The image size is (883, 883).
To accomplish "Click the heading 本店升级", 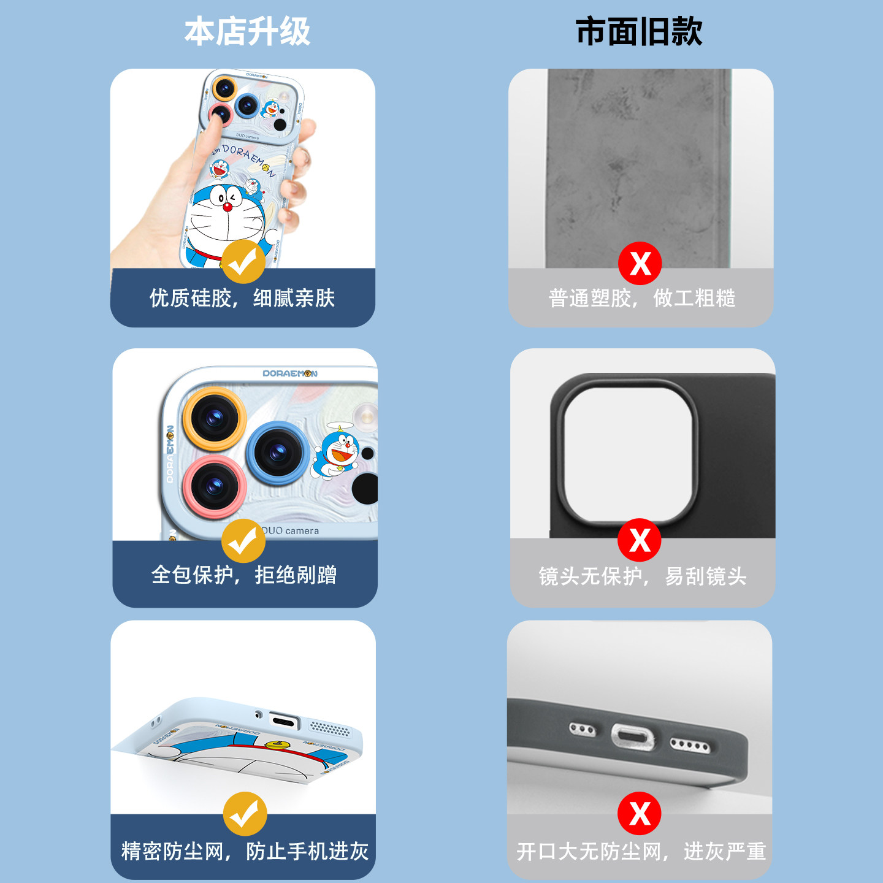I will (247, 32).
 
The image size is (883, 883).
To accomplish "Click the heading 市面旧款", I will (639, 32).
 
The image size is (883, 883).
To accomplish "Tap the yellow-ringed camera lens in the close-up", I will (214, 419).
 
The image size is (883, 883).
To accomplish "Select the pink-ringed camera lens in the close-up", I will (214, 486).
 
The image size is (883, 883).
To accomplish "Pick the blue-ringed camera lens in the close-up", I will (278, 453).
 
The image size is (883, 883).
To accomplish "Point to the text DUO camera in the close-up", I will (291, 531).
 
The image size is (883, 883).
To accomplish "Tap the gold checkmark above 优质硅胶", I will (243, 262).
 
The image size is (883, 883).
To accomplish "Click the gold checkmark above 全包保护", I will (243, 541).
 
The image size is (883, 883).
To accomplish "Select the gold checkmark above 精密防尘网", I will (245, 814).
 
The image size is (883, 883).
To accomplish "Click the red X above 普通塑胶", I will (640, 264).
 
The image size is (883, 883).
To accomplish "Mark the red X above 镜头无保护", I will (640, 540).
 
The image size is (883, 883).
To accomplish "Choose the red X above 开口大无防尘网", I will (640, 814).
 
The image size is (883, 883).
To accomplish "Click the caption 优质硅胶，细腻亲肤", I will (242, 299).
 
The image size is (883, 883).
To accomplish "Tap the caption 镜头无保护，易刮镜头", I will (642, 576).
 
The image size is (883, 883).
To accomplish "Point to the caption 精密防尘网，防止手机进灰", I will (245, 851).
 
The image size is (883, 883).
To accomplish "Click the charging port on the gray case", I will (632, 736).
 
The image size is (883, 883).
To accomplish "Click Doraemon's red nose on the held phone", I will (227, 207).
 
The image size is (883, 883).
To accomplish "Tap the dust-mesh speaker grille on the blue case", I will (330, 728).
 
